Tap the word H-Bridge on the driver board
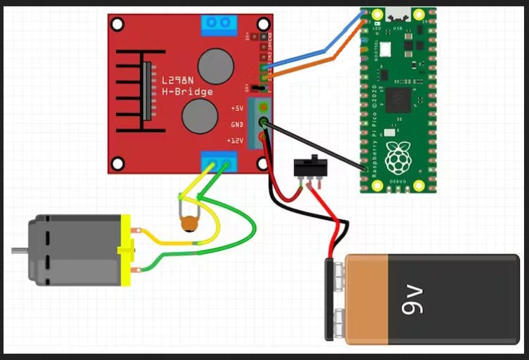click(187, 92)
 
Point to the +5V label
click(236, 108)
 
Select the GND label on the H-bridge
click(236, 124)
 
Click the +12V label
click(235, 141)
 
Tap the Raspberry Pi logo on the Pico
click(397, 158)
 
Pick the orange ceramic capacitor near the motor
click(189, 224)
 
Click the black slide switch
click(309, 167)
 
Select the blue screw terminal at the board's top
click(219, 25)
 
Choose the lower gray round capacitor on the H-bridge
click(200, 115)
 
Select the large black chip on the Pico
click(398, 98)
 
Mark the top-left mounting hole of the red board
click(117, 23)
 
